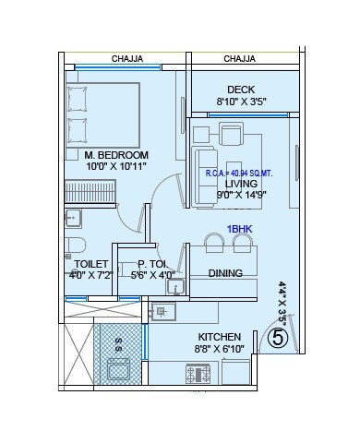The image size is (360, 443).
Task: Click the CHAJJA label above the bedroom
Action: click(127, 58)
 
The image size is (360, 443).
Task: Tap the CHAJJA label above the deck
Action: click(239, 58)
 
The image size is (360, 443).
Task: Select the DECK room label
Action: click(241, 90)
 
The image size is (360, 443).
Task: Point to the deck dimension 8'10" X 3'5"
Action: click(241, 102)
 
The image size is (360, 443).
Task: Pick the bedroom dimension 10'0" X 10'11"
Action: click(116, 167)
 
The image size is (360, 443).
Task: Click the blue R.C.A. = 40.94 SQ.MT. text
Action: click(241, 174)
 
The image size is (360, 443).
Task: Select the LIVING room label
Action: click(241, 184)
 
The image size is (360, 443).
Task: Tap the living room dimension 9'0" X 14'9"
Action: click(241, 195)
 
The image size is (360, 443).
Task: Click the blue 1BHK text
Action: click(239, 228)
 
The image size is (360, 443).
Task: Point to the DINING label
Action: click(225, 273)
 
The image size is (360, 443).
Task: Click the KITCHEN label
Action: click(220, 337)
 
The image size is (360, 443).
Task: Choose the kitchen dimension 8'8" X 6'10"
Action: click(220, 350)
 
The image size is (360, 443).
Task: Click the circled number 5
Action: click(276, 338)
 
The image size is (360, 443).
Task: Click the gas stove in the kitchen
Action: click(200, 374)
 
